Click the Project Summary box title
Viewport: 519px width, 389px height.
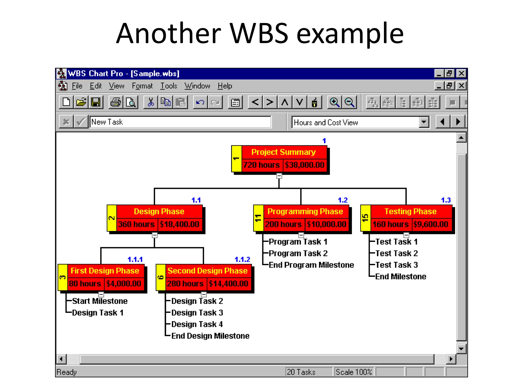(x=283, y=152)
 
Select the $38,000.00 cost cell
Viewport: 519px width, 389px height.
(x=304, y=165)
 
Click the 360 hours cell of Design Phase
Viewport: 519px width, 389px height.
(x=136, y=224)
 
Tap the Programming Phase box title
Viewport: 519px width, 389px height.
(x=305, y=211)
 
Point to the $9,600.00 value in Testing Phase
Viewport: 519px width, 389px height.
(x=431, y=224)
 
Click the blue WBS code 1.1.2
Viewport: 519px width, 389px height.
(x=242, y=259)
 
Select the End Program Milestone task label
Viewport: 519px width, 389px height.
(x=311, y=265)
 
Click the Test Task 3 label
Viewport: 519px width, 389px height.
(x=396, y=265)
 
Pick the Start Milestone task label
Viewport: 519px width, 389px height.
(x=100, y=301)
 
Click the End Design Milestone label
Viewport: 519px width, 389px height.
(x=210, y=336)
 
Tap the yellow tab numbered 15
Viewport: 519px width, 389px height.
(x=365, y=218)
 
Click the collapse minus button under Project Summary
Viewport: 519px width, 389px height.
(x=279, y=176)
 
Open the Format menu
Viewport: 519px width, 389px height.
(x=142, y=86)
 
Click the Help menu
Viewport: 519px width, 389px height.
(x=225, y=86)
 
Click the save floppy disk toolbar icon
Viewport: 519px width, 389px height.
(x=96, y=102)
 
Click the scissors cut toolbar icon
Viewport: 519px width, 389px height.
(x=151, y=102)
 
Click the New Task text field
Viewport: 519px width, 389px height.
(x=180, y=122)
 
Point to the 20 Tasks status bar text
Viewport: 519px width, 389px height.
(x=301, y=372)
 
